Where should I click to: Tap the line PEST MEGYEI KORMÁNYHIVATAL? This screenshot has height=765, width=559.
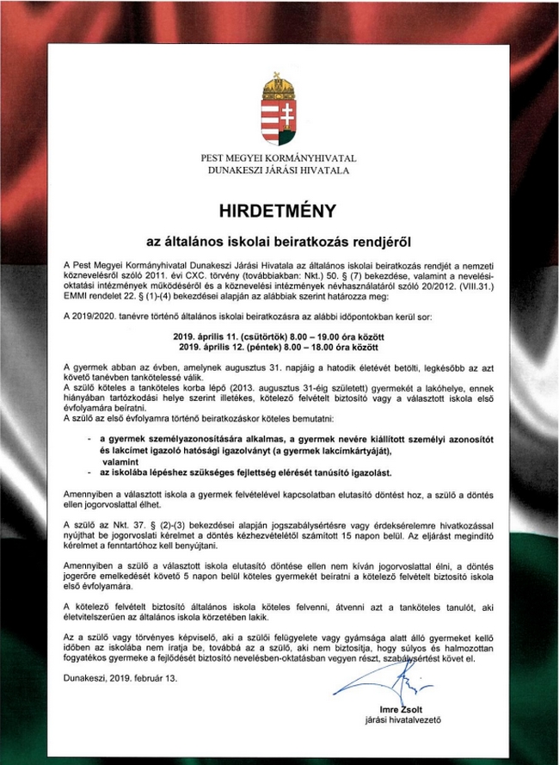click(279, 158)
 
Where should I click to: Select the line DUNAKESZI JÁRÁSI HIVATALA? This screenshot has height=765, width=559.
click(279, 170)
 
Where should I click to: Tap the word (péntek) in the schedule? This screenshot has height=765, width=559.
click(268, 344)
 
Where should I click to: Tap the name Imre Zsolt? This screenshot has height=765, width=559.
click(385, 708)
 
